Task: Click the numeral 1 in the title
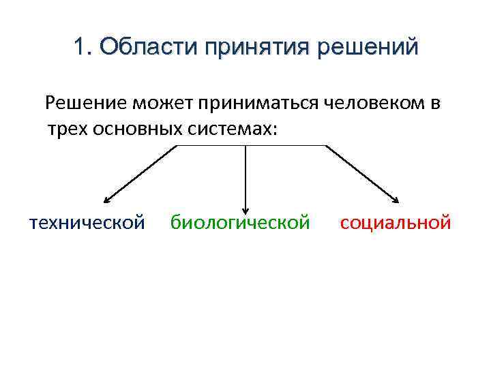coord(79,48)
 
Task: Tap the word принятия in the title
coord(250,48)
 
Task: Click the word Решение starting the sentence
coord(85,104)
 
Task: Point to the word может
coord(162,104)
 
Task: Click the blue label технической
coord(87,222)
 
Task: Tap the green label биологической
coord(240,222)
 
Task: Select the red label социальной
coord(396,222)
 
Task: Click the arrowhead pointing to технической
coord(106,200)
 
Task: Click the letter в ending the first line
coord(436,104)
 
